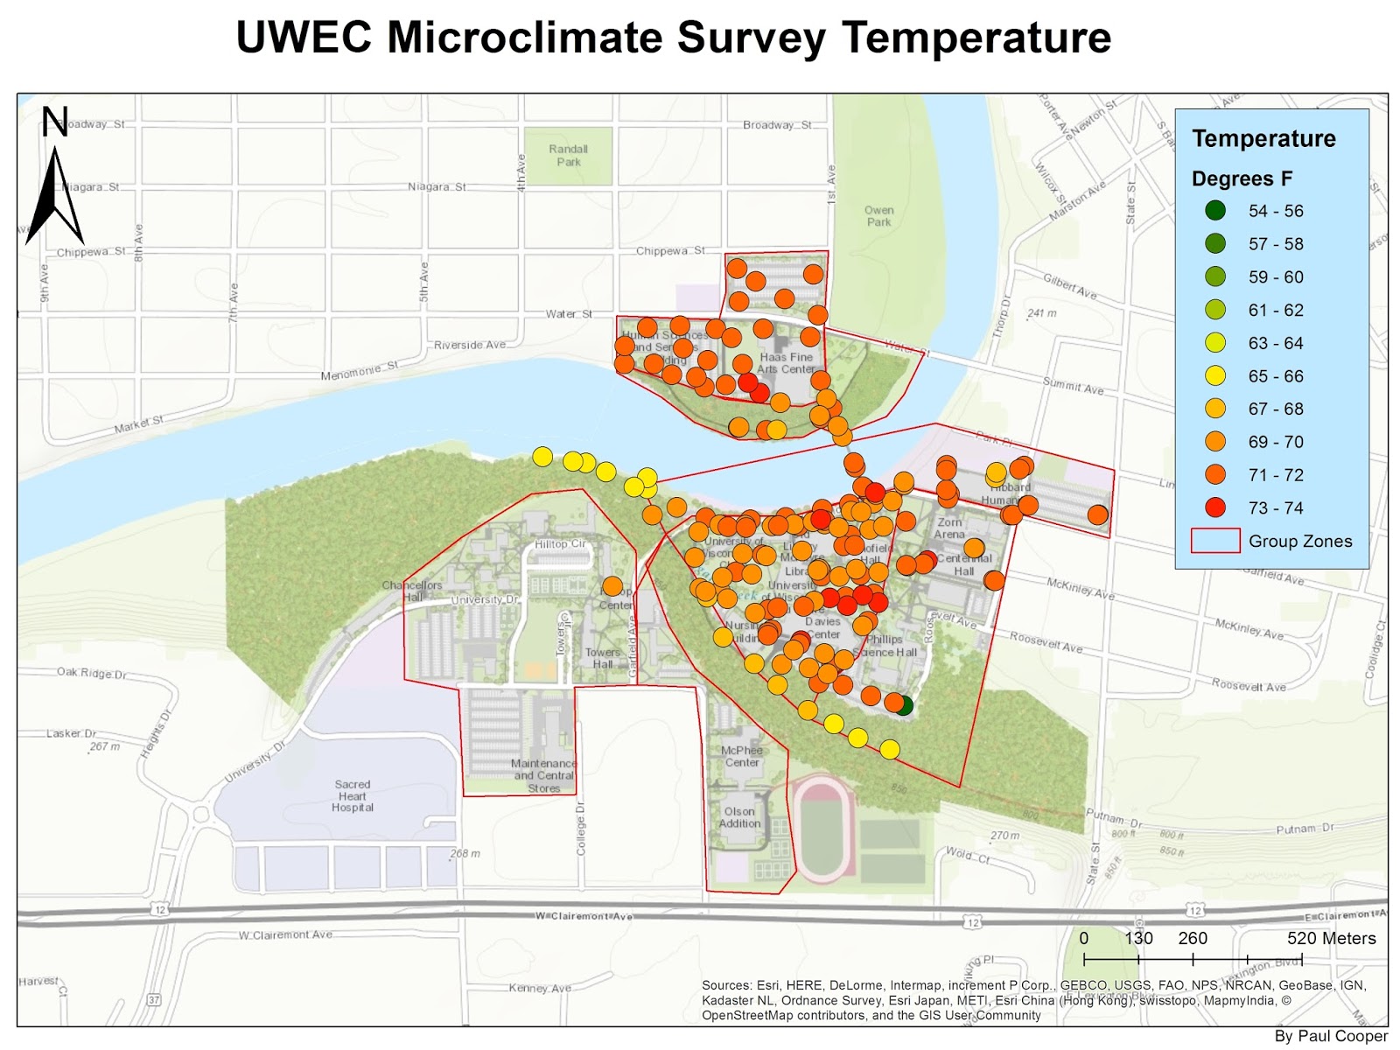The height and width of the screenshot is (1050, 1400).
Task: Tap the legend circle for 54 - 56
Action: click(x=1215, y=211)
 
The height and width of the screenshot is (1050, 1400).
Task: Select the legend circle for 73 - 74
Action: click(x=1215, y=507)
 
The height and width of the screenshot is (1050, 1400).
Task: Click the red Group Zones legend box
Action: click(x=1215, y=541)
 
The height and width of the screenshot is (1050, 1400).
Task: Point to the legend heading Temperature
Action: click(x=1263, y=138)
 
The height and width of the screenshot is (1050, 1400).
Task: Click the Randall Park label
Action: click(x=569, y=156)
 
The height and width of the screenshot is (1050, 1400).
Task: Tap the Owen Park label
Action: click(x=878, y=216)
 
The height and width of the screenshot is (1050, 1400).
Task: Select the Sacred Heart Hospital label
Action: click(x=353, y=796)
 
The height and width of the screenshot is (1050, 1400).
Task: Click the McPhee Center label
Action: click(x=742, y=757)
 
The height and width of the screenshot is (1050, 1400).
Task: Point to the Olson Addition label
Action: click(x=739, y=817)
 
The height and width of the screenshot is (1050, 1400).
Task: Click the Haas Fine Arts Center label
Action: click(x=787, y=363)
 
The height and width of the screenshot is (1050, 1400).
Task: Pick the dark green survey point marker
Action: click(x=905, y=705)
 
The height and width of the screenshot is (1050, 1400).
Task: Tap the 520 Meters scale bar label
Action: click(x=1331, y=939)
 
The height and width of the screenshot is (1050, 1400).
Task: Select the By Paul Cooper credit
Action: click(x=1331, y=1036)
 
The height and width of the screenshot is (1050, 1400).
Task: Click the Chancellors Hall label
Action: click(x=412, y=591)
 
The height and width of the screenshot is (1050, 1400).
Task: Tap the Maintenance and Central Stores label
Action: click(x=544, y=775)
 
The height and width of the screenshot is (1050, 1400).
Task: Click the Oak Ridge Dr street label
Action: click(x=92, y=673)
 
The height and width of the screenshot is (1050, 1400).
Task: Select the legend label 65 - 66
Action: click(x=1276, y=376)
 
